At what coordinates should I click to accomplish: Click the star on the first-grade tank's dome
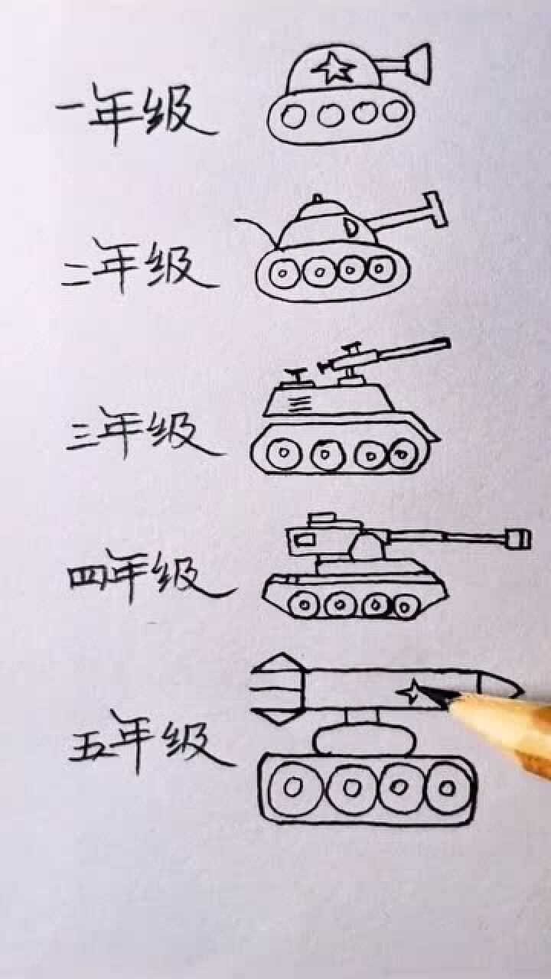coord(331,69)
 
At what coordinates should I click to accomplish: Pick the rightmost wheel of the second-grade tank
coord(380,269)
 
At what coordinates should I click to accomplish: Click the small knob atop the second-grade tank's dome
coord(318,201)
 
